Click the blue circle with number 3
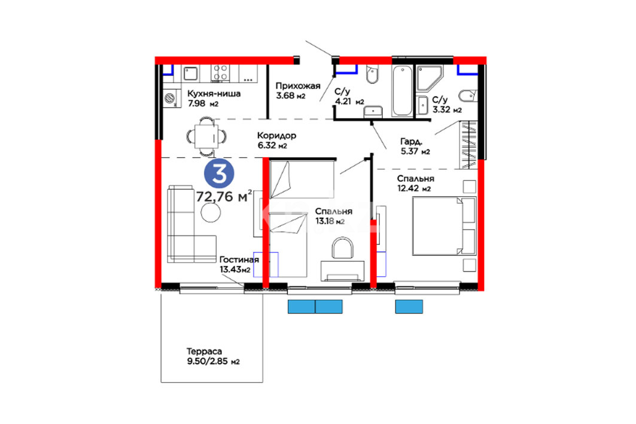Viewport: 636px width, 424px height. (219, 173)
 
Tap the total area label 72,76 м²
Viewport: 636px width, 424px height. (224, 196)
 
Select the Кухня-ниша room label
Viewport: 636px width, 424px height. (214, 94)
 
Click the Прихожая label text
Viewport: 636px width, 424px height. (298, 86)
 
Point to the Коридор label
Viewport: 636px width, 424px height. (276, 135)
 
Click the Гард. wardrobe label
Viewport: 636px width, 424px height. (411, 142)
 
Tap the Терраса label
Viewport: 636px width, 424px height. (204, 352)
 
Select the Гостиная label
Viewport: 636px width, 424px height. (239, 260)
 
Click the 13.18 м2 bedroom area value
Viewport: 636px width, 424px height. (330, 221)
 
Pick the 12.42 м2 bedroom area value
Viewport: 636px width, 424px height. (413, 188)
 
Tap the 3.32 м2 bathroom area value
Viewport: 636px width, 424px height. (446, 109)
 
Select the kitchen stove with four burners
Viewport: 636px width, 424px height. (221, 74)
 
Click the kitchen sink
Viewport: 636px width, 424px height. (190, 74)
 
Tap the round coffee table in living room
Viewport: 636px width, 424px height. (211, 212)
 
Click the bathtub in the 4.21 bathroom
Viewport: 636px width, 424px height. (403, 91)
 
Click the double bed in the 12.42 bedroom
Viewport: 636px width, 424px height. (444, 226)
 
